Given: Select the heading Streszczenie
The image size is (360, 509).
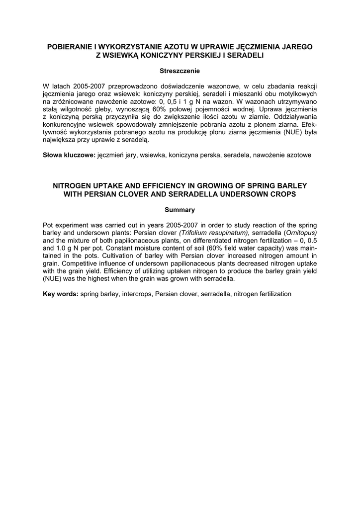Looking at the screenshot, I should pyautogui.click(x=180, y=71).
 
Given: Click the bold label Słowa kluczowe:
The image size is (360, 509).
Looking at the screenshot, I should pyautogui.click(x=69, y=155).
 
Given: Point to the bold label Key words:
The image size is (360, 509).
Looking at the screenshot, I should pyautogui.click(x=61, y=294).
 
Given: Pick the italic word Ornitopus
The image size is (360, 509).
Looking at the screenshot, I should pyautogui.click(x=300, y=232).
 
